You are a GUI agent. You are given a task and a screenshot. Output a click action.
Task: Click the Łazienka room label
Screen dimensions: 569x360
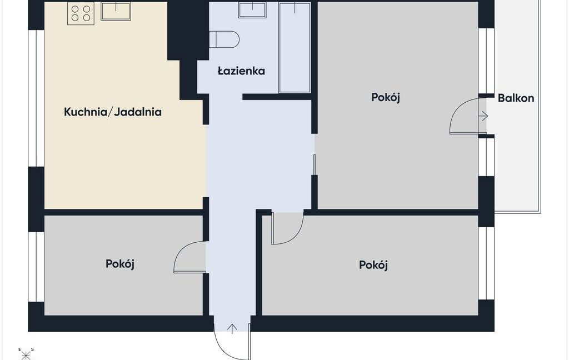pyautogui.click(x=241, y=71)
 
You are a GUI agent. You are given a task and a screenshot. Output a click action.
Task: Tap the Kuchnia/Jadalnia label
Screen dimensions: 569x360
pyautogui.click(x=112, y=112)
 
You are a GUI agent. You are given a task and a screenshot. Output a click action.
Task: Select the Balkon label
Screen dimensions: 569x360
pyautogui.click(x=516, y=98)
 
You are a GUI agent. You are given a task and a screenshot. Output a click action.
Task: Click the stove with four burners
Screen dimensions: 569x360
pyautogui.click(x=81, y=13)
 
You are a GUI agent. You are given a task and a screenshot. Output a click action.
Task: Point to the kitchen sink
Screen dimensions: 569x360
pyautogui.click(x=116, y=11)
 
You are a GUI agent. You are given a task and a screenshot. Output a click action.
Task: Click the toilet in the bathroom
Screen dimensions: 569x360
pyautogui.click(x=224, y=39)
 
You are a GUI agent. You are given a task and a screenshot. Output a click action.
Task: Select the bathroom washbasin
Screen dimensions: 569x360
pyautogui.click(x=252, y=10)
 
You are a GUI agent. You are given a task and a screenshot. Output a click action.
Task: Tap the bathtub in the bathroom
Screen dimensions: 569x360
pyautogui.click(x=295, y=47)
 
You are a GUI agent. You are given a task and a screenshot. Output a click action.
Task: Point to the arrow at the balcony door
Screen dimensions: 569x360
pyautogui.click(x=483, y=116)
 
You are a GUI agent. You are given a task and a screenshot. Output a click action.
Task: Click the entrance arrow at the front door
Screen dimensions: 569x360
pyautogui.click(x=232, y=328)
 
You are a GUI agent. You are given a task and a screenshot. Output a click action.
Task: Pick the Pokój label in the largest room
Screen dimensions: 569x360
pyautogui.click(x=386, y=98)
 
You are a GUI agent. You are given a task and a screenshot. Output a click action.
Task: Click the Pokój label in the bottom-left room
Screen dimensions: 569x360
pyautogui.click(x=120, y=264)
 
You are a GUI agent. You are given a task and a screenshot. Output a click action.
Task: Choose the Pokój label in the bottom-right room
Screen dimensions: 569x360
pyautogui.click(x=373, y=265)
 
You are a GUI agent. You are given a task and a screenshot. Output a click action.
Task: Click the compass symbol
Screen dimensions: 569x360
pyautogui.click(x=26, y=354)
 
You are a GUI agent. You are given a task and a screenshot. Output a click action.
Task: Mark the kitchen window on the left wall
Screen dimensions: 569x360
pyautogui.click(x=36, y=98)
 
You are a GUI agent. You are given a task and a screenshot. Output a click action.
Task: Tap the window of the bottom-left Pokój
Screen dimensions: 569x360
pyautogui.click(x=36, y=267)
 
